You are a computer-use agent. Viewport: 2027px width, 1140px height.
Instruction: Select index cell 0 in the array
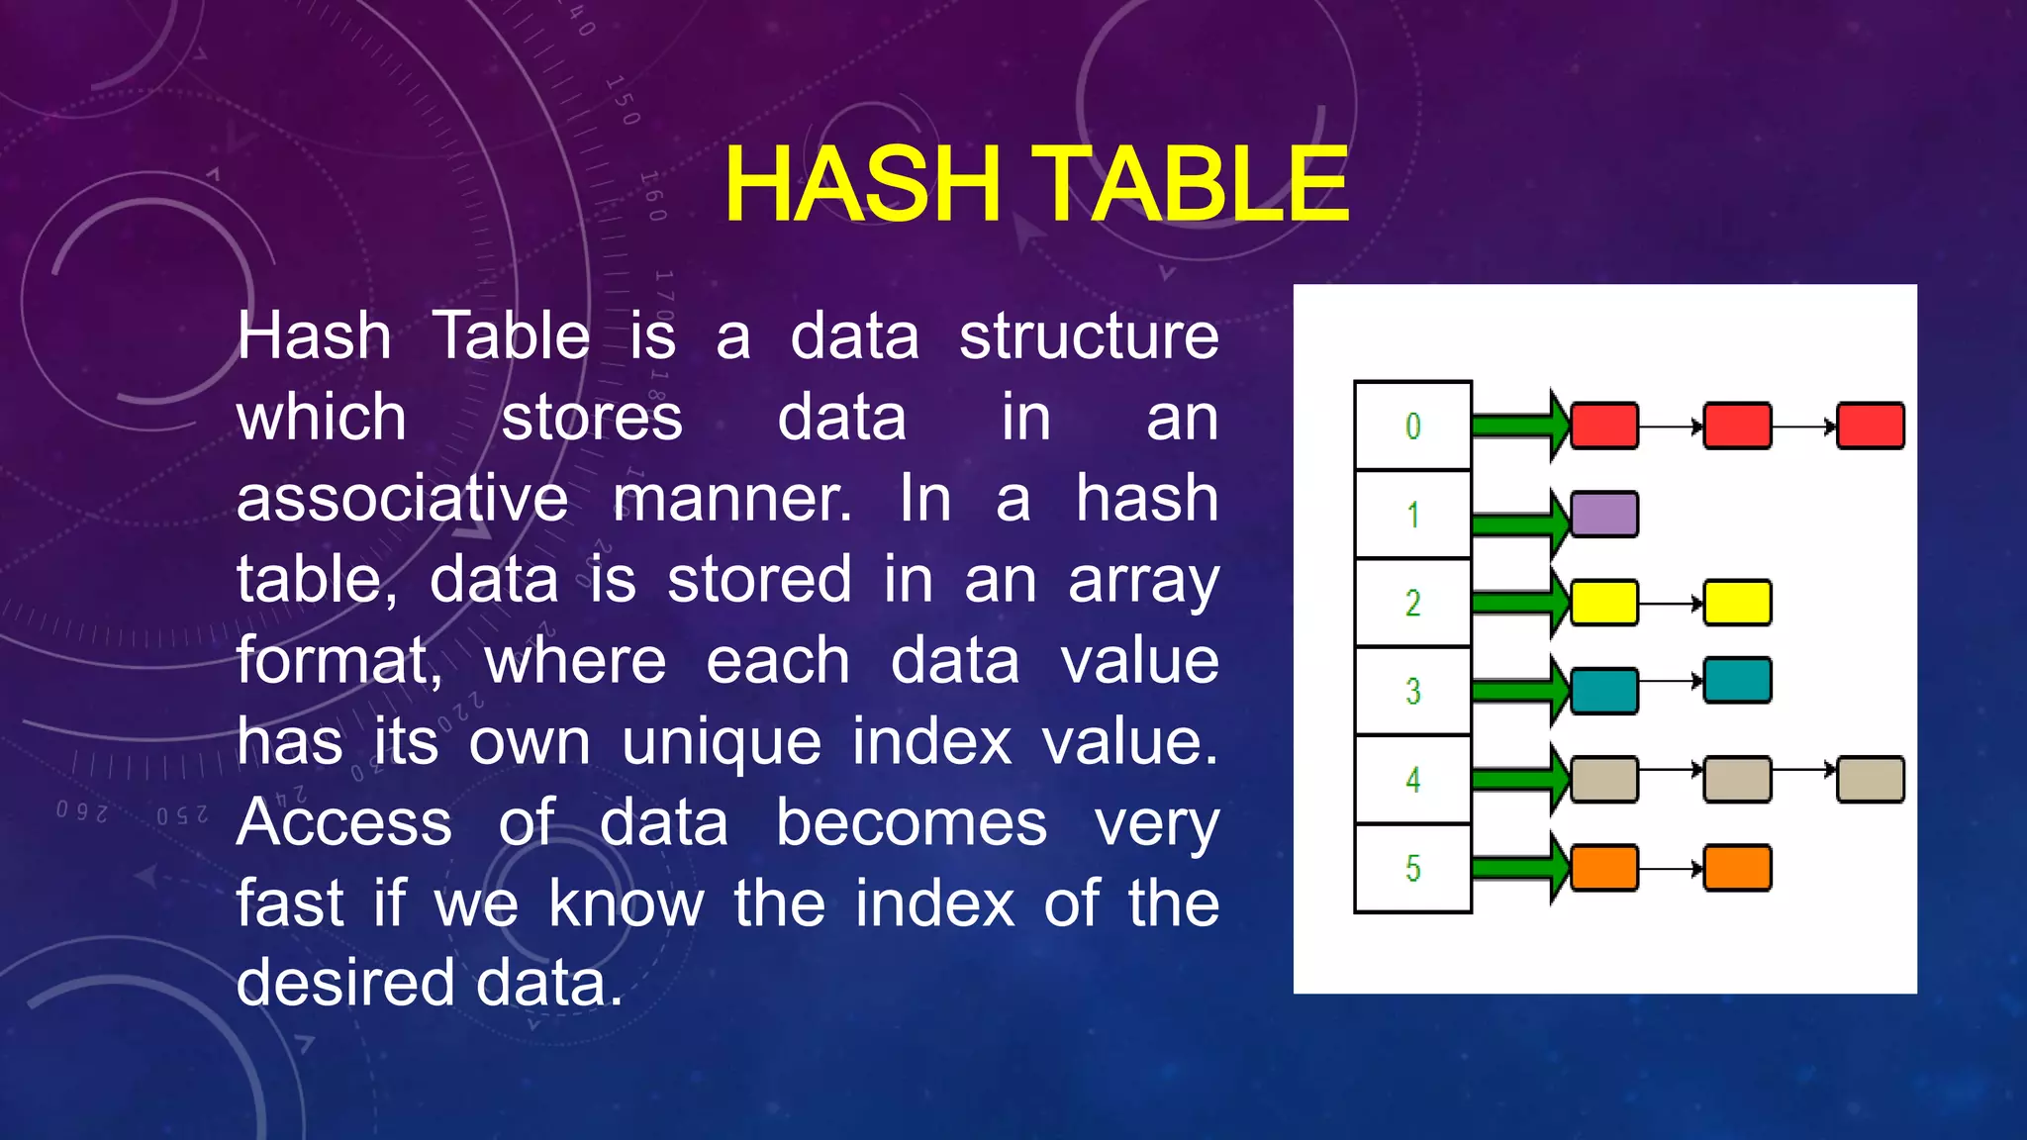[x=1412, y=426]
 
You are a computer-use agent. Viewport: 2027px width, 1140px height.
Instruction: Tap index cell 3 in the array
[x=1412, y=691]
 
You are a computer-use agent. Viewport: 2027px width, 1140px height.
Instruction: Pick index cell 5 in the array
[x=1412, y=868]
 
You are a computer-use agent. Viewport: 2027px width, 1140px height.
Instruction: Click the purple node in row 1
[x=1604, y=515]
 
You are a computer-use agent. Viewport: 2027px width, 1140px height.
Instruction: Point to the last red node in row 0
[x=1871, y=426]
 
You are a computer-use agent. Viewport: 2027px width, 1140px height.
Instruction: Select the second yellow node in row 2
[x=1737, y=603]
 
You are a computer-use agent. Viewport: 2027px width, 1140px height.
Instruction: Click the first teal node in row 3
[x=1604, y=691]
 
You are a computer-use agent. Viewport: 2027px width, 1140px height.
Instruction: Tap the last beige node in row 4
[x=1871, y=779]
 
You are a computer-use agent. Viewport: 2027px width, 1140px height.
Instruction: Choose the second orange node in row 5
[x=1737, y=868]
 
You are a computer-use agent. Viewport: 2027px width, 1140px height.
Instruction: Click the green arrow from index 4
[x=1519, y=779]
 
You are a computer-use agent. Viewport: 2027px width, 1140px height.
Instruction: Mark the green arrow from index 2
[x=1519, y=603]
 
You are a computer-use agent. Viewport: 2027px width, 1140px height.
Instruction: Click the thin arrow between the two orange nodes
[x=1671, y=869]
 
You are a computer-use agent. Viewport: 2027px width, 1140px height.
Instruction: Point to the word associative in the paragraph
[x=402, y=498]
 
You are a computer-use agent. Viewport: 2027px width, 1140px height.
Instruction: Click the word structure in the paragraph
[x=1089, y=336]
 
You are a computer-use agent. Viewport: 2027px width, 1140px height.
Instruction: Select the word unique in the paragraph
[x=722, y=742]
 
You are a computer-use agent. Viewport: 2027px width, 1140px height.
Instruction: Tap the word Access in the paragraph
[x=344, y=822]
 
